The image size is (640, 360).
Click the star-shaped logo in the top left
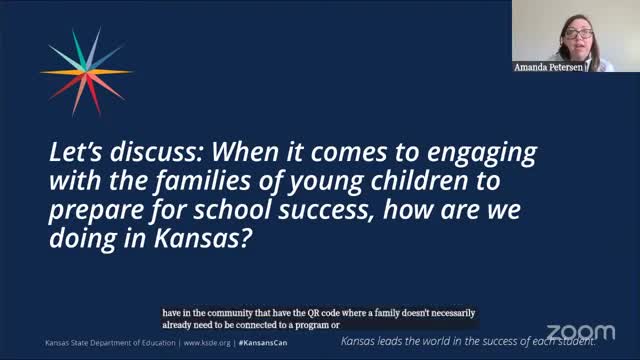pyautogui.click(x=86, y=70)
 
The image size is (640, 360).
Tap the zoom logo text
pyautogui.click(x=582, y=332)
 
